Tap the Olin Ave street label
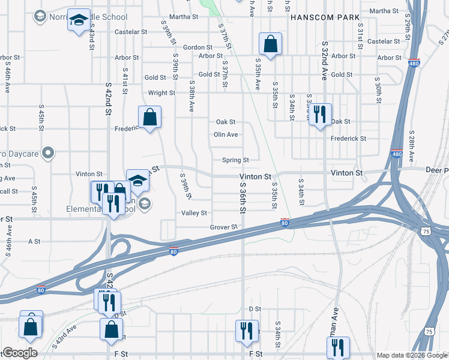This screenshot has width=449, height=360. click(226, 135)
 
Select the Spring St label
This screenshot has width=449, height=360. click(235, 160)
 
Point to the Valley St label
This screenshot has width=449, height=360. click(194, 213)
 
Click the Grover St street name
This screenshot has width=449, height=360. click(224, 227)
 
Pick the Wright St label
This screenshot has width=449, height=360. click(161, 93)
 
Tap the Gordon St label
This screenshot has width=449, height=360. click(197, 47)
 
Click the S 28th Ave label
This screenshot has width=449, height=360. click(412, 146)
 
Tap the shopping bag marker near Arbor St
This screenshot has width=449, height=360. click(270, 44)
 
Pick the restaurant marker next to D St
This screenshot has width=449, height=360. click(246, 331)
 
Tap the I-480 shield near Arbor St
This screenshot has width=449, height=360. click(415, 62)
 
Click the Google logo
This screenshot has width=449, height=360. click(19, 353)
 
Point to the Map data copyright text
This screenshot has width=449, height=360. click(412, 355)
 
